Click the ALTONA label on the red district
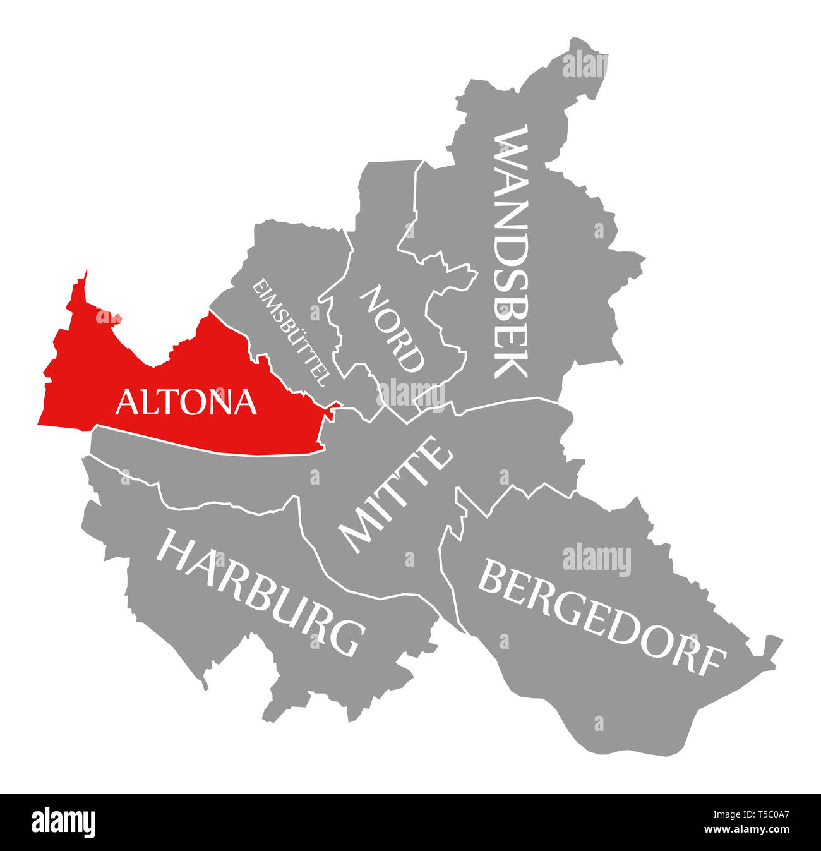pos(186,402)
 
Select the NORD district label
pos(392,329)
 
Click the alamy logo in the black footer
pos(64,823)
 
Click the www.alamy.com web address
pos(748,830)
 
